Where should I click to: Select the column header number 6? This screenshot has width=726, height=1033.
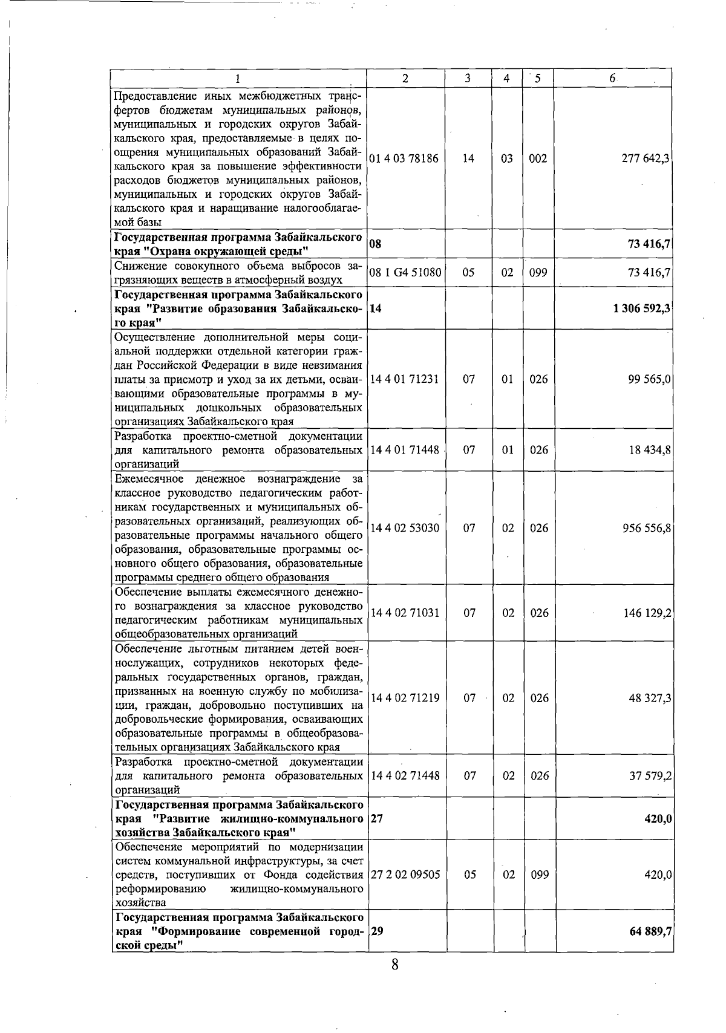pyautogui.click(x=612, y=79)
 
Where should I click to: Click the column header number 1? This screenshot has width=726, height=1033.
pyautogui.click(x=238, y=79)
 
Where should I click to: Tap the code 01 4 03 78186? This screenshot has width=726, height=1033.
pyautogui.click(x=404, y=158)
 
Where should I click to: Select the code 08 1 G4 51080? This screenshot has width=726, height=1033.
pyautogui.click(x=405, y=273)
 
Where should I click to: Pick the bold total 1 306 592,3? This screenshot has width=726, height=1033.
pyautogui.click(x=641, y=308)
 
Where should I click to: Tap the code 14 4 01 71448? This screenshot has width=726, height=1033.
pyautogui.click(x=405, y=450)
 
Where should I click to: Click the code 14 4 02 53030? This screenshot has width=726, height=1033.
pyautogui.click(x=405, y=528)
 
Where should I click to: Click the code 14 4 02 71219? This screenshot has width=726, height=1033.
pyautogui.click(x=405, y=698)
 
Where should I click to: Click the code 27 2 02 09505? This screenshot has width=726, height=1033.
pyautogui.click(x=405, y=875)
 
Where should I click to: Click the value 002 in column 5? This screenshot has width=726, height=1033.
pyautogui.click(x=538, y=158)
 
